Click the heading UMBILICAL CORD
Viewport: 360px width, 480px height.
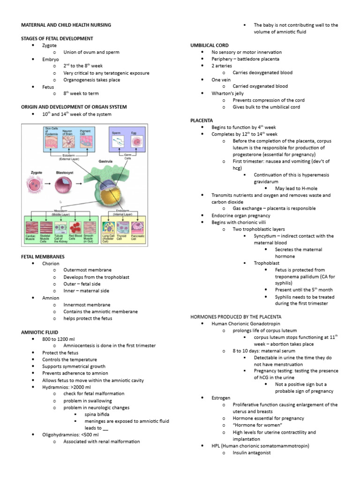(x=209, y=45)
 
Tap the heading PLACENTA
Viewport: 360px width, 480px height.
(x=202, y=120)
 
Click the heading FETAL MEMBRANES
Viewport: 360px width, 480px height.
(x=43, y=257)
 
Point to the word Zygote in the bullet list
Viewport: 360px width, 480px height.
(x=49, y=45)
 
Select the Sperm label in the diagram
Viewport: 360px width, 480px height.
(x=116, y=133)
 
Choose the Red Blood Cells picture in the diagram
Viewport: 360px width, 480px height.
(x=75, y=228)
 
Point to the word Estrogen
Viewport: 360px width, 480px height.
(x=221, y=397)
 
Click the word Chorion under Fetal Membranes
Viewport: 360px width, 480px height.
(x=51, y=263)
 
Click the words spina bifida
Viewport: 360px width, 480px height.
(x=97, y=414)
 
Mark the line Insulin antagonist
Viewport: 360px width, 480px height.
(x=251, y=453)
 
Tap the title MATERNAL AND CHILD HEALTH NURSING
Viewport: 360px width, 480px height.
(x=66, y=25)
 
